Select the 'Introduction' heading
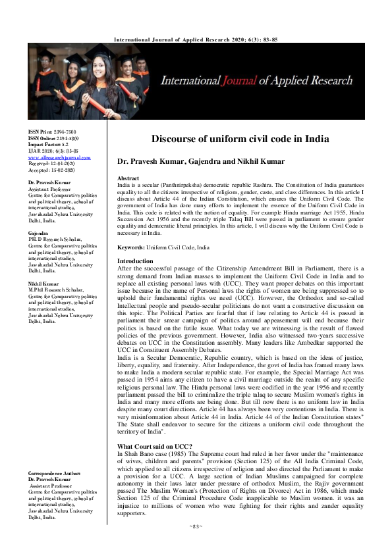coord(134,261)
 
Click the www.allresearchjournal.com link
coord(59,158)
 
